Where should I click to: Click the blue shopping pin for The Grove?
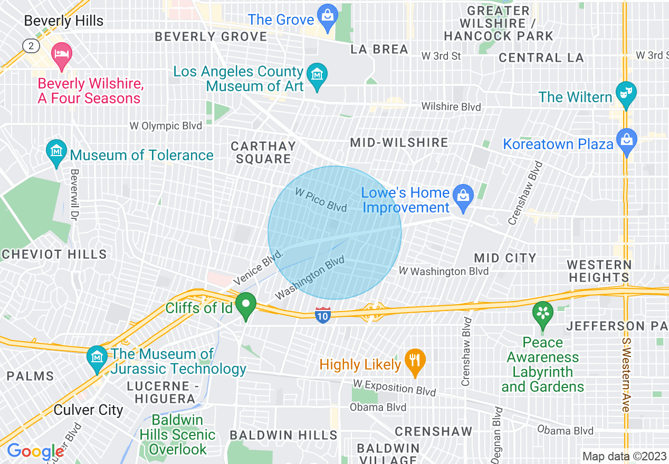coord(328,18)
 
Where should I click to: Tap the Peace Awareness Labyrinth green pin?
coord(543,313)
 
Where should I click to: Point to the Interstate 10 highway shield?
coord(322,315)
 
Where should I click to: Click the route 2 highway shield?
coord(31,46)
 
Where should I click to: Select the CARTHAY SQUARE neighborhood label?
coord(263,152)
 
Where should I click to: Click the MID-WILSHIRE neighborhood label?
coord(399,142)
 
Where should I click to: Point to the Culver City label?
coord(89,410)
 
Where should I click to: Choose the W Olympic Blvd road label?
coord(166,126)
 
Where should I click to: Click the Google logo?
coord(35,451)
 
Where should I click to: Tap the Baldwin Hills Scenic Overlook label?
coord(178,435)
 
